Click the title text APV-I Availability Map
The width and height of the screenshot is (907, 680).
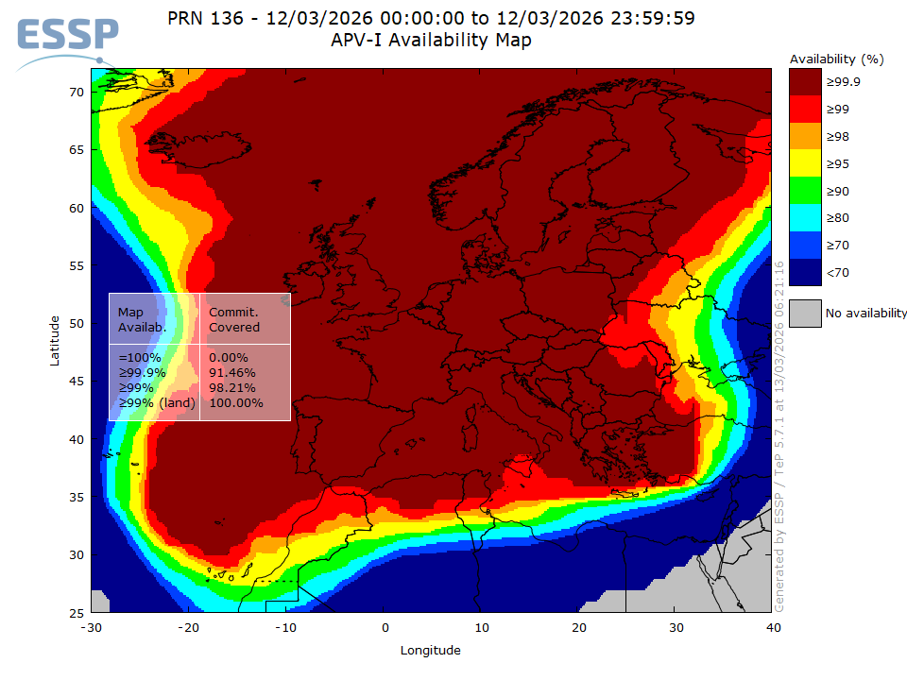(431, 40)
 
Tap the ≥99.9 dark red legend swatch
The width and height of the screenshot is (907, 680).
(805, 82)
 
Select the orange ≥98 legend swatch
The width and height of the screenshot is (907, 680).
(805, 137)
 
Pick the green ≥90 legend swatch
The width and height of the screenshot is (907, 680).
(805, 192)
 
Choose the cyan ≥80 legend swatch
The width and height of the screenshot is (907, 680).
(805, 219)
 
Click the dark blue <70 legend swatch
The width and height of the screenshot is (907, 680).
(805, 273)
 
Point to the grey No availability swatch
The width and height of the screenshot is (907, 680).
(805, 313)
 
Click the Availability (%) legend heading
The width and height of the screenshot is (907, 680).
(836, 59)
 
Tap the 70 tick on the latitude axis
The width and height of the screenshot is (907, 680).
(77, 92)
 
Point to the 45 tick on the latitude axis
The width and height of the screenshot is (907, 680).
(77, 382)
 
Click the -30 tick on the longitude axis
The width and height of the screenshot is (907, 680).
(91, 627)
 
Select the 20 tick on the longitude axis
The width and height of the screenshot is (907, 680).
(578, 627)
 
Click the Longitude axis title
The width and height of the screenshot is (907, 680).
(431, 650)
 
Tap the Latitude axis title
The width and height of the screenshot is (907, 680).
(56, 340)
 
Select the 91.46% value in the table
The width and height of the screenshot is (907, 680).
(229, 373)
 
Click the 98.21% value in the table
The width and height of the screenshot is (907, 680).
(229, 388)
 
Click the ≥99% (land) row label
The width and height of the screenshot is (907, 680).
(156, 403)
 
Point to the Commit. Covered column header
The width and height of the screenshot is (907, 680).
(233, 319)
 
